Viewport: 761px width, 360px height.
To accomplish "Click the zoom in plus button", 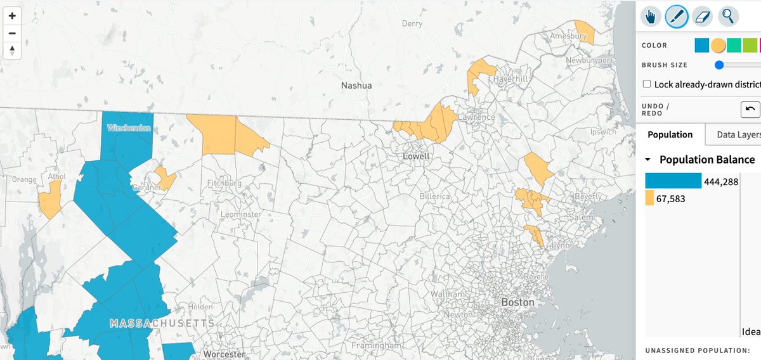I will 12,16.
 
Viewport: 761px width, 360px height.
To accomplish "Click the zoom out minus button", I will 12,34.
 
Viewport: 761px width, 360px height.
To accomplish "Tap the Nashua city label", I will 356,85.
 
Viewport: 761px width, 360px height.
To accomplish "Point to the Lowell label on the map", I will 416,156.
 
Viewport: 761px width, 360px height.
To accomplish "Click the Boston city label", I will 518,302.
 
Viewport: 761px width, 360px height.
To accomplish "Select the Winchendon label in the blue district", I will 129,128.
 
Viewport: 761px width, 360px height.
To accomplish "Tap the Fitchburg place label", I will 224,183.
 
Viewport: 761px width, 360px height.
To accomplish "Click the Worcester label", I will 224,354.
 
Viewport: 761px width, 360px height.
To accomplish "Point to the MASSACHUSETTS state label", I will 162,323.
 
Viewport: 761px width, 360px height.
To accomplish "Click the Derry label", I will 412,23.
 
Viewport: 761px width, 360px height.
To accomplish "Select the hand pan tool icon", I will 651,16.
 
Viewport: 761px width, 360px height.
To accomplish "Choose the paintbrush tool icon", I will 677,16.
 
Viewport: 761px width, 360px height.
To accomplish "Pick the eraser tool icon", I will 702,16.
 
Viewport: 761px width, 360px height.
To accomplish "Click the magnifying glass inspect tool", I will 727,16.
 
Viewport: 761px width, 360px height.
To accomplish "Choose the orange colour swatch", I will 718,46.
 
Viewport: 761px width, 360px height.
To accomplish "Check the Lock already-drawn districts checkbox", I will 647,84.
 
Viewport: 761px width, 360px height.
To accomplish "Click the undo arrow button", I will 750,109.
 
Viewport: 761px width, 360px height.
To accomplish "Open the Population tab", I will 670,134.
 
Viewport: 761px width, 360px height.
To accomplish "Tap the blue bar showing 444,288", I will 673,181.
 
